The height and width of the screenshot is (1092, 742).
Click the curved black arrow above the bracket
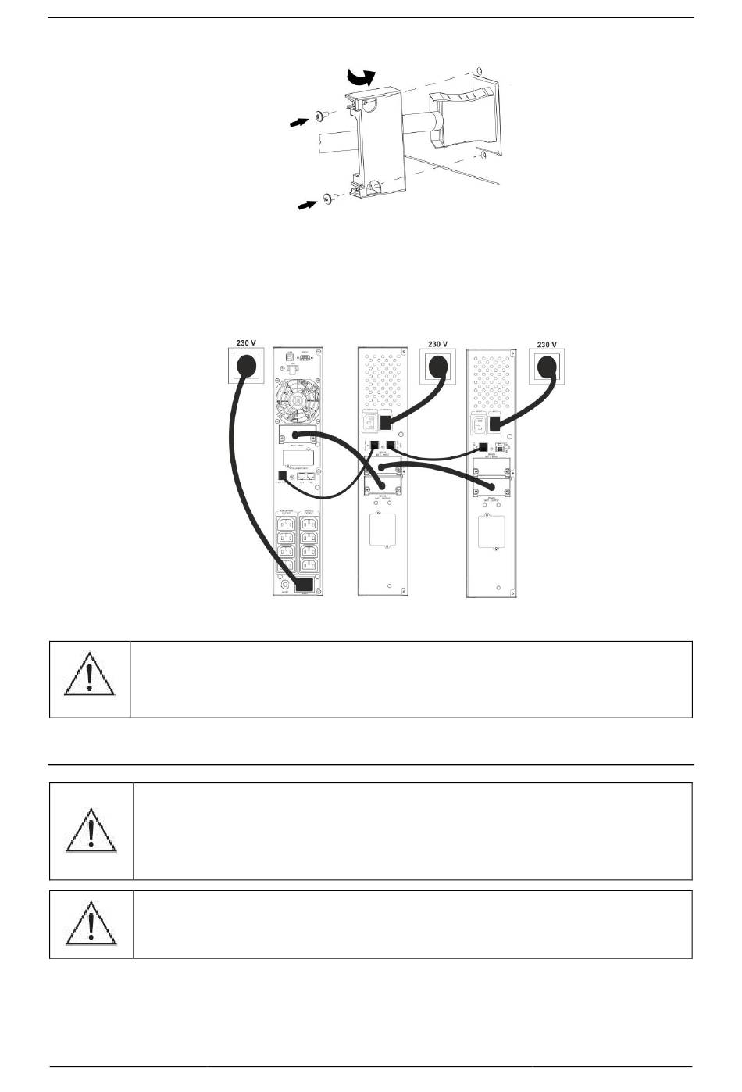coord(361,76)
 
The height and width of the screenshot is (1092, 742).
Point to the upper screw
coord(321,116)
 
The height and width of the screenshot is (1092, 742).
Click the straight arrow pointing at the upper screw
coord(297,123)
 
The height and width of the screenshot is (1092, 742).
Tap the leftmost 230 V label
coord(247,343)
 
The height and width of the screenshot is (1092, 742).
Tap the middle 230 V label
coord(438,343)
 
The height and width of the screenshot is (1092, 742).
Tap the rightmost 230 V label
coord(548,343)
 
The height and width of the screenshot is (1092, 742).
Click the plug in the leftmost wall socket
coord(248,365)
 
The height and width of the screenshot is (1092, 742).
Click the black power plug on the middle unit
coord(386,424)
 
